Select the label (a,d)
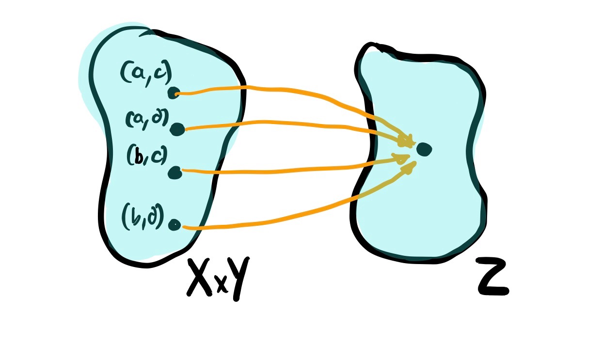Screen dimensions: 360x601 (146, 118)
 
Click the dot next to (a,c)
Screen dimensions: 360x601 (174, 93)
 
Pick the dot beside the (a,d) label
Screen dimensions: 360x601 (177, 129)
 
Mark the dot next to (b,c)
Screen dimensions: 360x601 (174, 172)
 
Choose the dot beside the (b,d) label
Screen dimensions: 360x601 (174, 225)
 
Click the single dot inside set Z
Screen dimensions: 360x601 (423, 149)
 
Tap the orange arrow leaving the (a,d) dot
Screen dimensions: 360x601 (291, 124)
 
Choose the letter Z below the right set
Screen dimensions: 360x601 (491, 277)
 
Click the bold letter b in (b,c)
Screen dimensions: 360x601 (139, 157)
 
